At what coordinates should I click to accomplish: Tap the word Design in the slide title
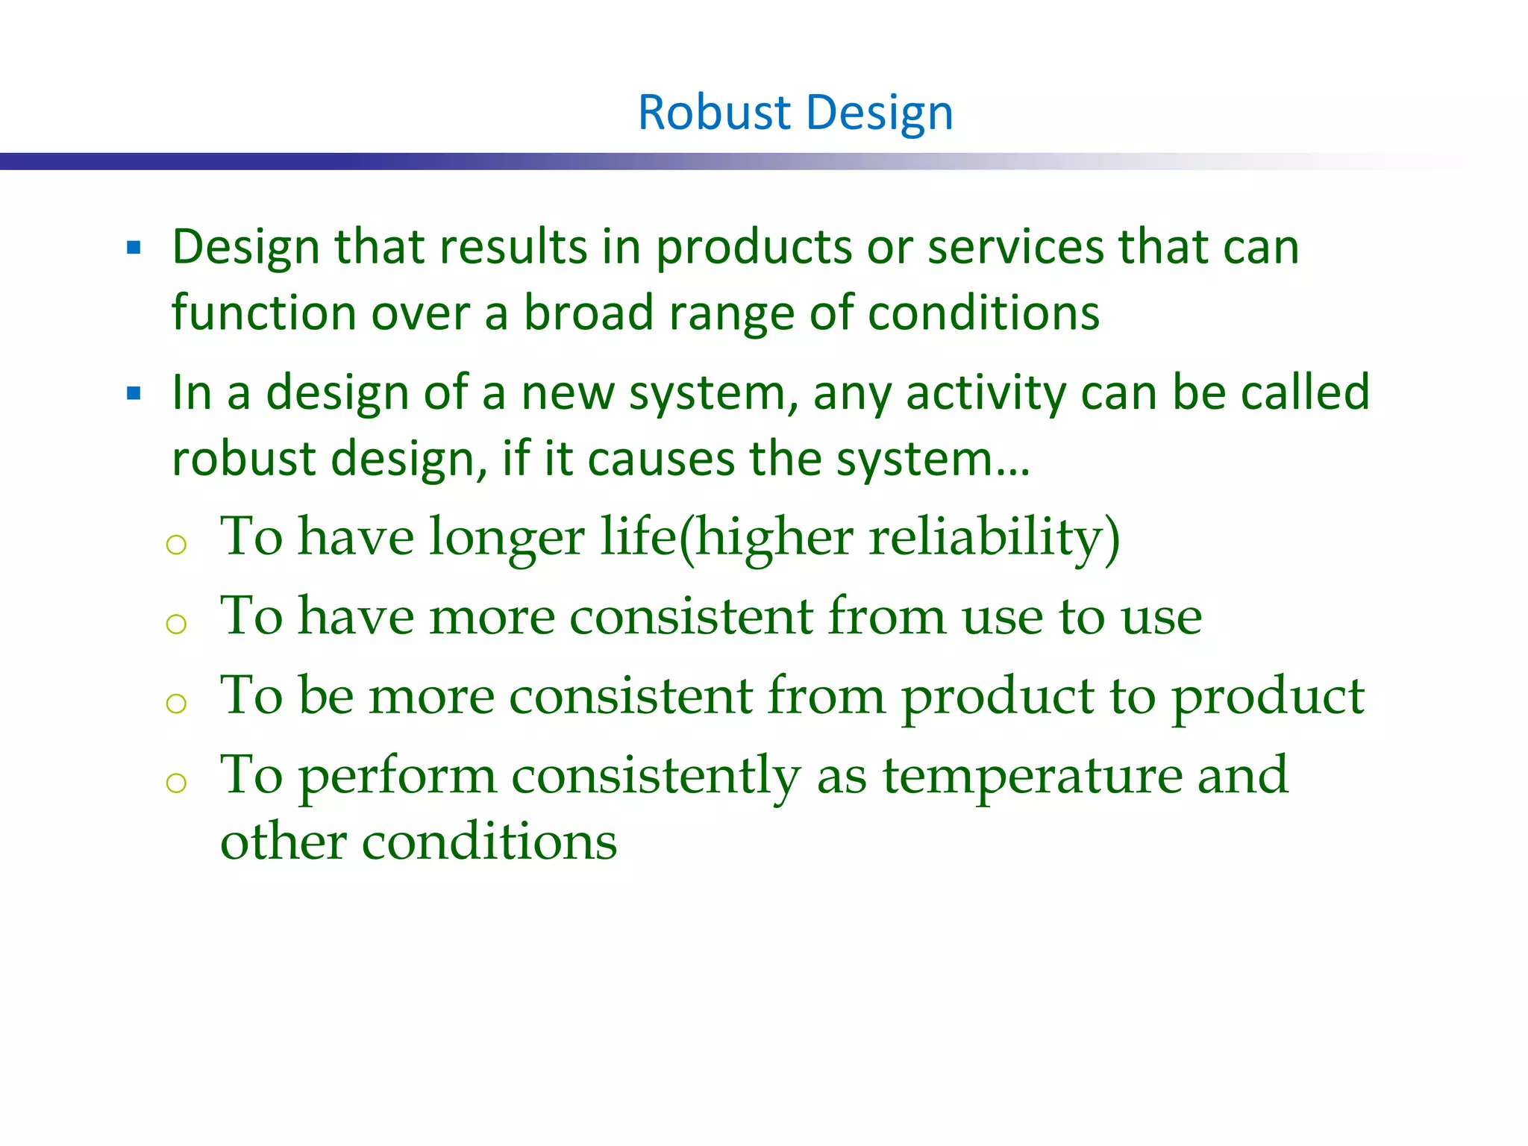click(x=880, y=113)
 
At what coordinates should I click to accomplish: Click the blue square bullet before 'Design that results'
click(x=134, y=248)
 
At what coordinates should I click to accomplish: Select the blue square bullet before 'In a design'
click(x=134, y=393)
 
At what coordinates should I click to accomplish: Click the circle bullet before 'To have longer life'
click(x=176, y=545)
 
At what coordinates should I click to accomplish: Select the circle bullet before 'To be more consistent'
click(x=176, y=703)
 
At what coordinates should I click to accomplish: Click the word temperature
click(x=1033, y=776)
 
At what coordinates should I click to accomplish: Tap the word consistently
click(x=656, y=776)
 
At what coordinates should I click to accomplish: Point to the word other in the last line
click(x=282, y=842)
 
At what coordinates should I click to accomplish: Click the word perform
click(x=398, y=776)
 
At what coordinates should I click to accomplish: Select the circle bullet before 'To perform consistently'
click(x=176, y=783)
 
